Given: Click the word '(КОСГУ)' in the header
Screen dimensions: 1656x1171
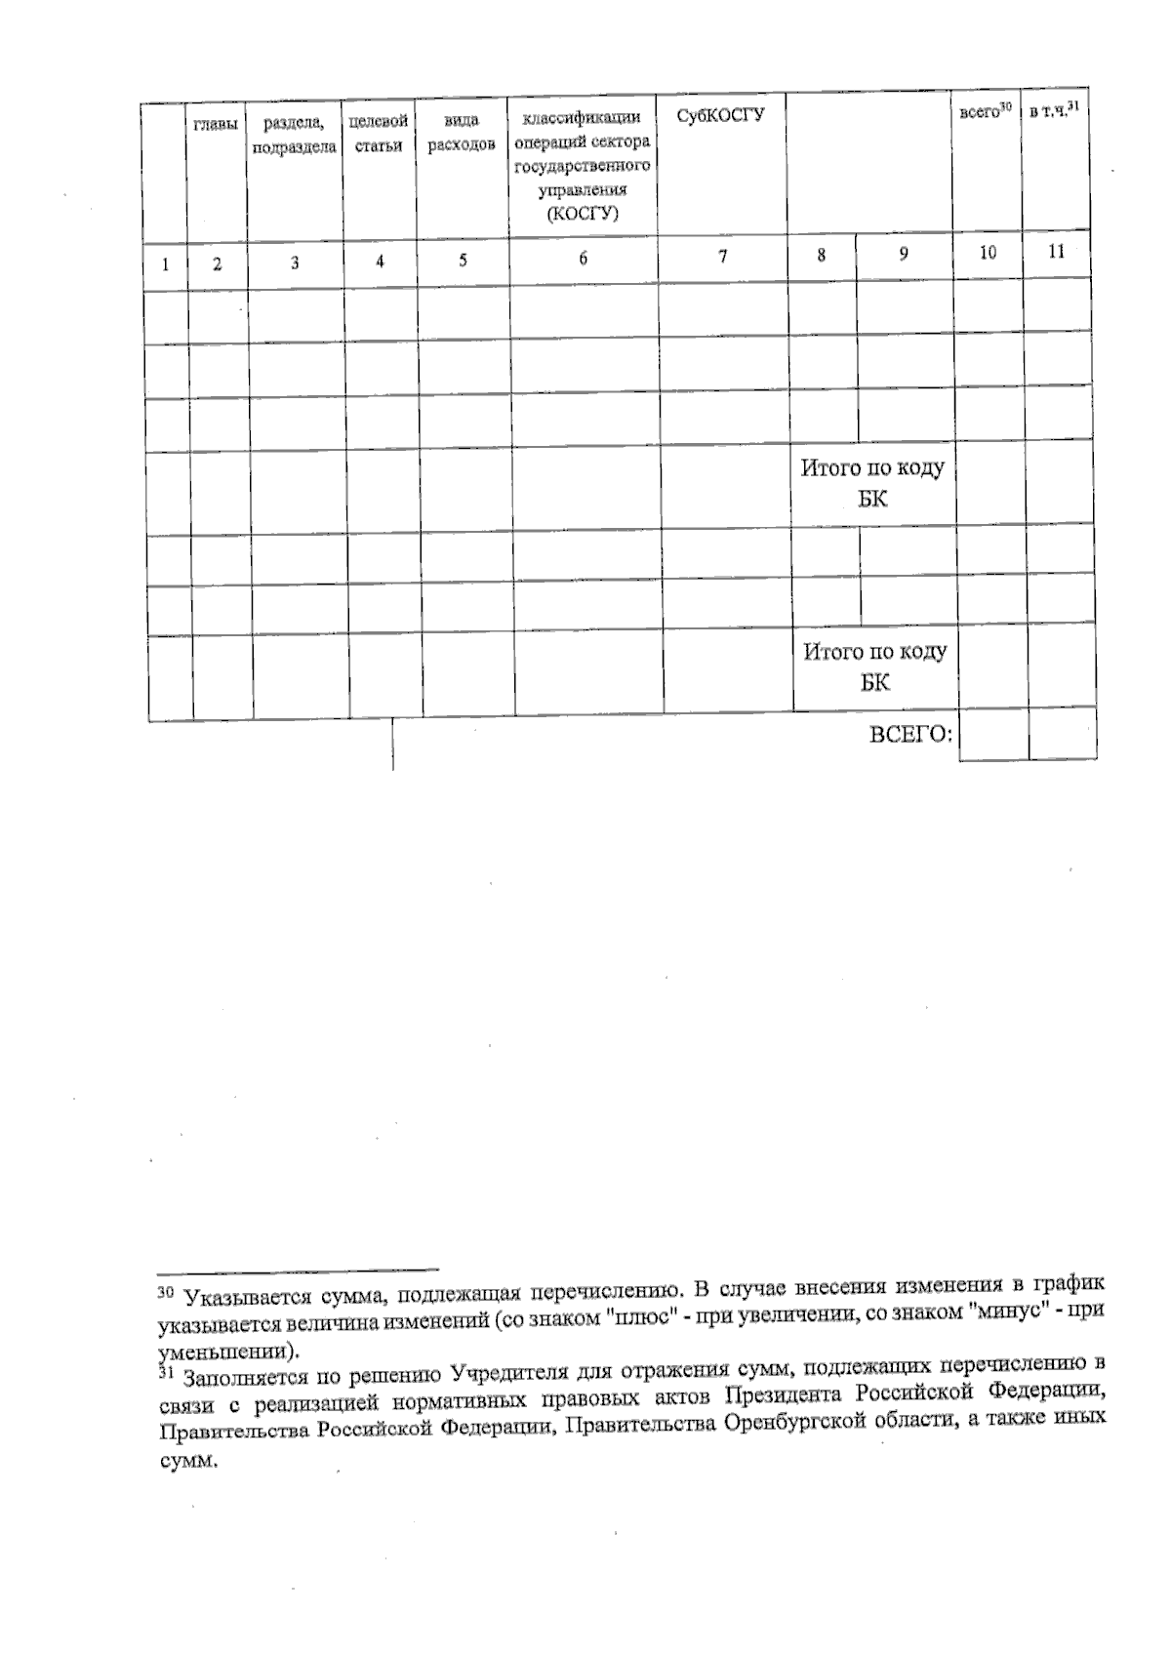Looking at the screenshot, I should (x=583, y=214).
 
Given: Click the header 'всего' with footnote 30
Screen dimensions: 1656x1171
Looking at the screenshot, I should (x=985, y=113).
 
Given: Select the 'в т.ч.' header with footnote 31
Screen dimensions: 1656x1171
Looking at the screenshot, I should (x=1055, y=112).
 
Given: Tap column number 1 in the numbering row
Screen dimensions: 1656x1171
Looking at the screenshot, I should (x=166, y=263).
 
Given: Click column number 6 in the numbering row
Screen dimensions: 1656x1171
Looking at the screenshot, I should (x=583, y=259).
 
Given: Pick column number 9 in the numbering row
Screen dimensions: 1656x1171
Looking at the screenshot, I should (x=904, y=254).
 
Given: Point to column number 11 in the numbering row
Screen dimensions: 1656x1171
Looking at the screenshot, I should (x=1056, y=251).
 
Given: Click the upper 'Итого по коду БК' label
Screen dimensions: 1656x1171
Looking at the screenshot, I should (x=872, y=483).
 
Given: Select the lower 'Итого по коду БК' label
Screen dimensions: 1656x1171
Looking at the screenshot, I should (x=875, y=666).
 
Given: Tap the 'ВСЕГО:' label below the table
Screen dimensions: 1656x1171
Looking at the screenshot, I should (x=910, y=735).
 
